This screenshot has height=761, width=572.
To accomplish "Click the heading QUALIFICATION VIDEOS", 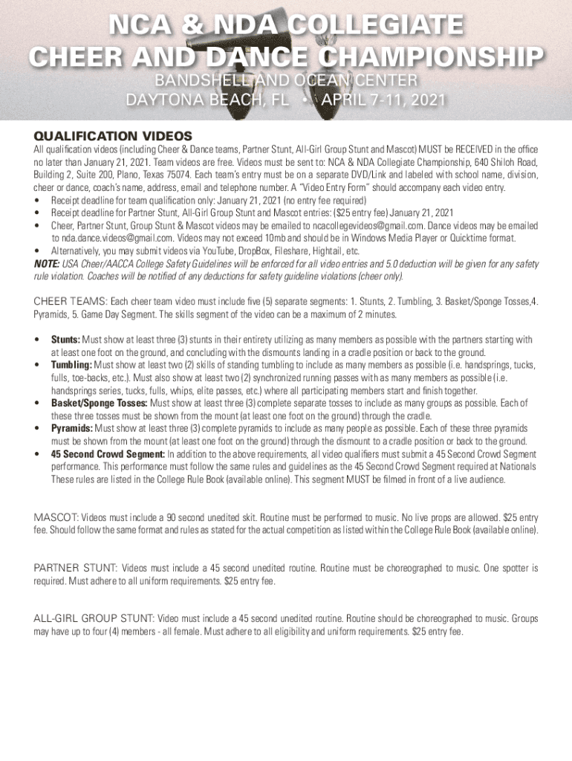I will coord(113,136).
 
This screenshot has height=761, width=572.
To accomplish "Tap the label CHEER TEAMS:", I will coord(70,302).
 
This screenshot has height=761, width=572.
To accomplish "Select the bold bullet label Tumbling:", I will coord(71,365).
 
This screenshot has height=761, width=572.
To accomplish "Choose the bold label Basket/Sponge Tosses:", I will coord(100,403).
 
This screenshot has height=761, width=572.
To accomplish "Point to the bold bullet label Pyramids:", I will coord(72,429).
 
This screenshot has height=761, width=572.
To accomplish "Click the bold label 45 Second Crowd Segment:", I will coord(108,454).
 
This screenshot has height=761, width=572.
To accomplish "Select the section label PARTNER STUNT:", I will coord(75,569).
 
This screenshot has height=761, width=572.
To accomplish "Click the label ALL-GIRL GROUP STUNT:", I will coord(94,618).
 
